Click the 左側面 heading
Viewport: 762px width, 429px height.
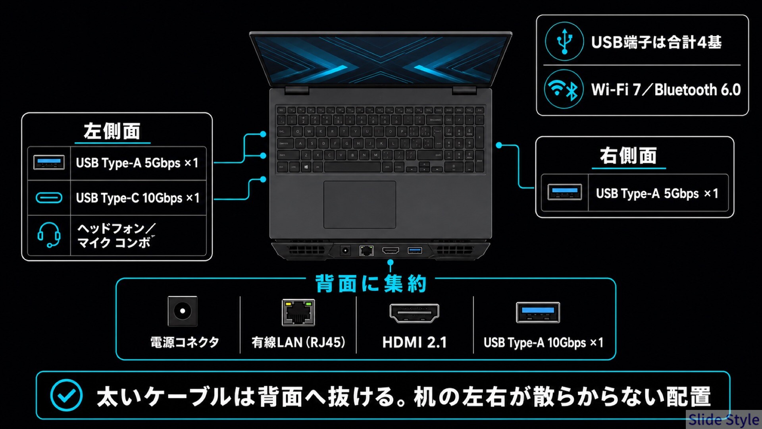(112, 131)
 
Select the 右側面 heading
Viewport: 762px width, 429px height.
(628, 155)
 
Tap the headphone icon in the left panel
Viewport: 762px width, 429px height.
(49, 235)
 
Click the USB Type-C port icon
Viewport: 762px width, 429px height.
(49, 197)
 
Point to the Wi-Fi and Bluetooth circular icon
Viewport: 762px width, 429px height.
(564, 89)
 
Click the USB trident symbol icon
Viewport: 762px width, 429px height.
(564, 41)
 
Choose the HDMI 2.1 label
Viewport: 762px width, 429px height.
(414, 342)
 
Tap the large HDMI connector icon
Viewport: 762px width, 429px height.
(414, 313)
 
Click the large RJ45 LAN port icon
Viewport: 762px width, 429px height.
(298, 313)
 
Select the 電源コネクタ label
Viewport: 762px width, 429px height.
(185, 342)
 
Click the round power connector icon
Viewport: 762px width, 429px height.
(183, 311)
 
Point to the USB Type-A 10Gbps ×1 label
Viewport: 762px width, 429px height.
(543, 342)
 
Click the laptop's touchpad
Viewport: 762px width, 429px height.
(360, 205)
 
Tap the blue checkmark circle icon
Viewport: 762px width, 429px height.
(66, 395)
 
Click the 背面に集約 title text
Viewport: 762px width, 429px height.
(371, 284)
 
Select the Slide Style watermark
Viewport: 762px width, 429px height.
(724, 419)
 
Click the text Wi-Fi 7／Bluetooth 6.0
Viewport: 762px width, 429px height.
(666, 89)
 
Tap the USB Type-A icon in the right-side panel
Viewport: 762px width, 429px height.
(564, 193)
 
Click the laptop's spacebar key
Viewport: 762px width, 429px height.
(353, 167)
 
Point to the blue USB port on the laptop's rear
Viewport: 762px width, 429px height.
(415, 250)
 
